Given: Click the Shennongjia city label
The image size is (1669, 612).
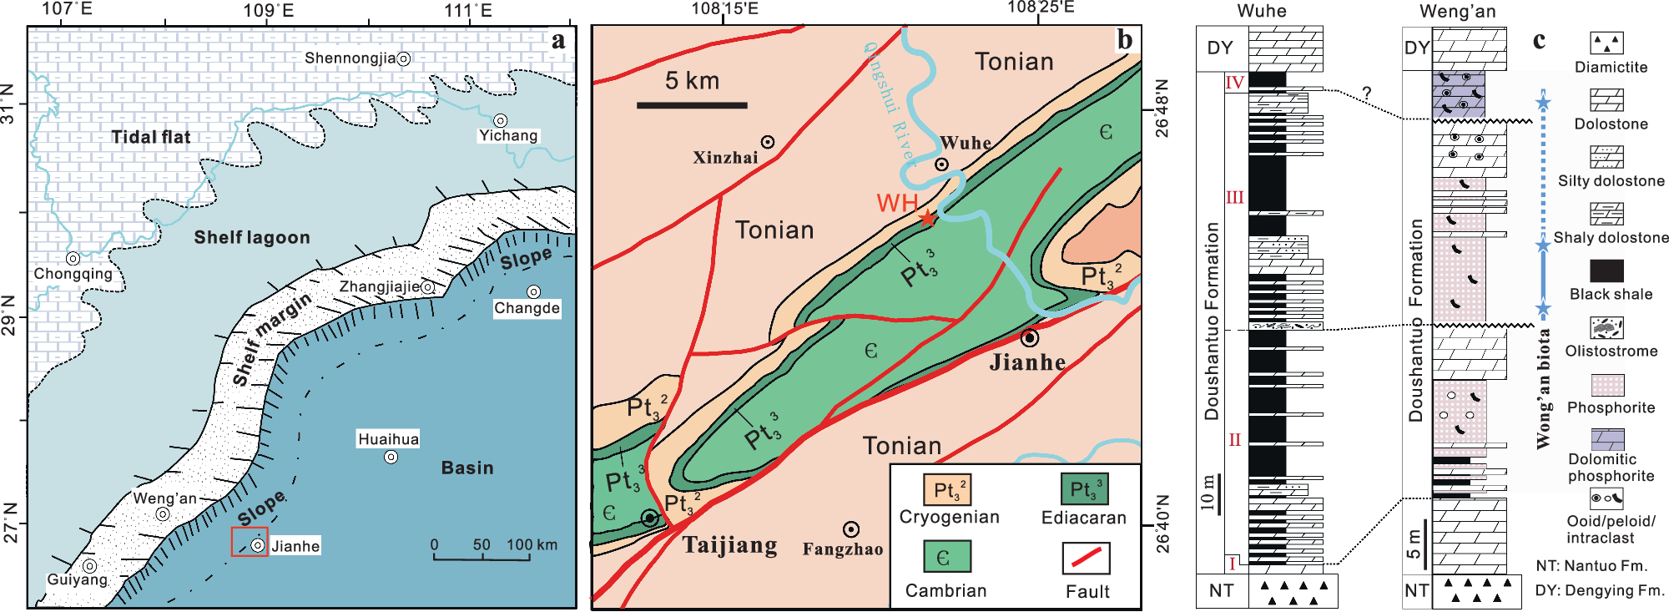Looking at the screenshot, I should [x=350, y=58].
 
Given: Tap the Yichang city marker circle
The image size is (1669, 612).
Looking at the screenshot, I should [x=500, y=121].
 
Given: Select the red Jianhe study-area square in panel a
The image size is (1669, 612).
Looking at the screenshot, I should [x=250, y=542].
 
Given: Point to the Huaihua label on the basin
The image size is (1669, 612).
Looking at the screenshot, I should [x=388, y=439].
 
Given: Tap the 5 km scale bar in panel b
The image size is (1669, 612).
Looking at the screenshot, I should [x=692, y=105].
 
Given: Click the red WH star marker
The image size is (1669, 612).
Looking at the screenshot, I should [x=927, y=218].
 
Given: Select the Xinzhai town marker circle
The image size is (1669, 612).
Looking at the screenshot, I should [x=768, y=142].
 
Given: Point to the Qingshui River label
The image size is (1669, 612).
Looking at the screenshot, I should [x=890, y=100].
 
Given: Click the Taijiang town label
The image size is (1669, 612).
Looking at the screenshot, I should [x=730, y=545].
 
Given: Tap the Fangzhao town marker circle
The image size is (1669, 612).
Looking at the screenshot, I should [x=850, y=529].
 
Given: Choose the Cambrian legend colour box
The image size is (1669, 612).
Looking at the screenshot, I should [x=947, y=557].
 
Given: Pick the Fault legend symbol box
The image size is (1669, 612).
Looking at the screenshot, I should [x=1086, y=558].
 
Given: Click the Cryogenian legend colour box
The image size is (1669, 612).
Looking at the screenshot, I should [x=947, y=489].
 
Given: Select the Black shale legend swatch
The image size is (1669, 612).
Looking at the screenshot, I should [x=1606, y=271].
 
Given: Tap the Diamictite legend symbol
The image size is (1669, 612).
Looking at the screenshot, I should [x=1606, y=43].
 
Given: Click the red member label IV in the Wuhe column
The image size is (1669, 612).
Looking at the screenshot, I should [x=1235, y=82].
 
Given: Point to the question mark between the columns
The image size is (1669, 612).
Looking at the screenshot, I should [x=1367, y=94].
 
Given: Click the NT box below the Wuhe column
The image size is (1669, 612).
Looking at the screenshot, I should [x=1222, y=591].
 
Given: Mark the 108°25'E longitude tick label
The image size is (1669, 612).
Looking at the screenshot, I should [x=1041, y=8].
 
